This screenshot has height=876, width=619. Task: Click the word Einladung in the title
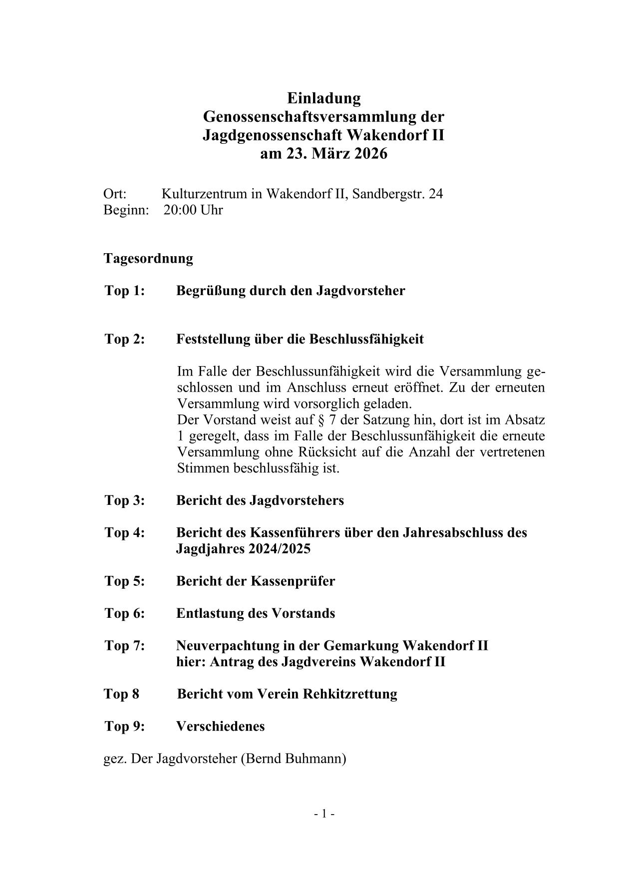[323, 98]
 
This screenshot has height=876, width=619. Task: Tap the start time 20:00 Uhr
[193, 210]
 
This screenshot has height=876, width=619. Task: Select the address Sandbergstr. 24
[397, 194]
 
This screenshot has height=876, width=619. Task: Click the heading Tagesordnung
[148, 258]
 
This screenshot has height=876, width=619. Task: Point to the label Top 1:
[125, 291]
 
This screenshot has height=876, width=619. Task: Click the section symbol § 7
[331, 420]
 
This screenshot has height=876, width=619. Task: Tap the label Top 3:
[125, 500]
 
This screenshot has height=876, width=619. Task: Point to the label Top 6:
[125, 613]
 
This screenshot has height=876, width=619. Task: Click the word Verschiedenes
[221, 726]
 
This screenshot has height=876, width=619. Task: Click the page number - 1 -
[324, 814]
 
